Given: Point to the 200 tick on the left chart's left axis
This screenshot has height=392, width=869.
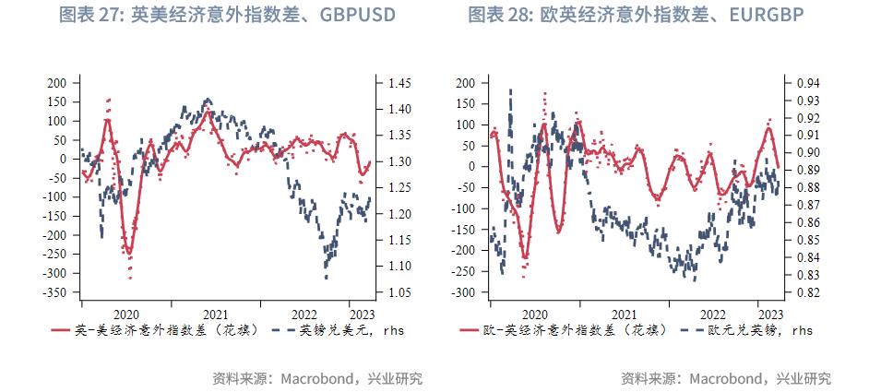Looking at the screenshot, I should tap(57, 83).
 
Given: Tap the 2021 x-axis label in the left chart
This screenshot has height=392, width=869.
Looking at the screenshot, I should tap(216, 314).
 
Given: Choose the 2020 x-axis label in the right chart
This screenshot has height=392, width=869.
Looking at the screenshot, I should tap(535, 314).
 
